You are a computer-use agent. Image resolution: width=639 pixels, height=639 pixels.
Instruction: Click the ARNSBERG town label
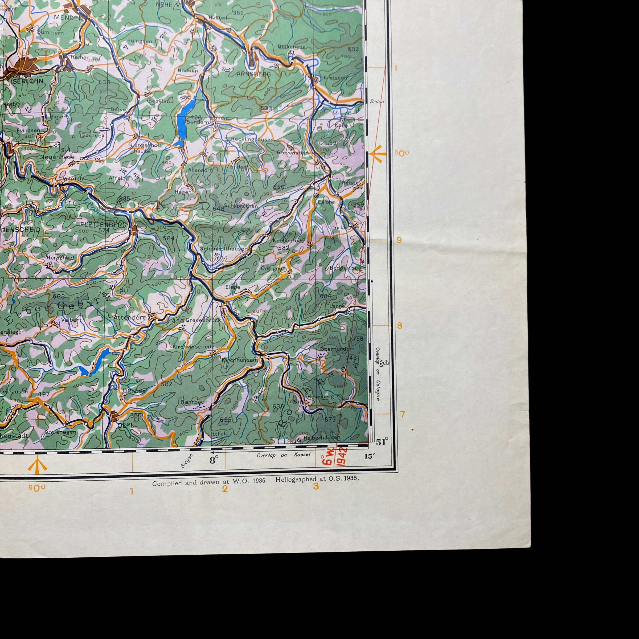(x=254, y=74)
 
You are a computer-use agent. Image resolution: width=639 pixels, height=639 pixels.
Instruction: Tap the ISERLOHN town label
(x=27, y=81)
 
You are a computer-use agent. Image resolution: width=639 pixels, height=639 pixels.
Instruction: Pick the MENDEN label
(x=68, y=18)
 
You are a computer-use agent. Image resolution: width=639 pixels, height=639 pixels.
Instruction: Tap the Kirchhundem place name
(x=240, y=360)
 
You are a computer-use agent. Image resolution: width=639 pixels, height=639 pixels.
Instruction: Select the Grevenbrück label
(x=203, y=320)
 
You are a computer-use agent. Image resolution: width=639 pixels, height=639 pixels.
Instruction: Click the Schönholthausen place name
(x=224, y=249)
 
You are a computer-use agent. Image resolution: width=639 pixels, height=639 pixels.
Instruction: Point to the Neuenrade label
(x=57, y=157)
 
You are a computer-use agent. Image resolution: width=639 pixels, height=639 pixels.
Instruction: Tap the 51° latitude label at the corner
(x=382, y=442)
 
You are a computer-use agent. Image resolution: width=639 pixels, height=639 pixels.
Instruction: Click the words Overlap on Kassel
(x=284, y=455)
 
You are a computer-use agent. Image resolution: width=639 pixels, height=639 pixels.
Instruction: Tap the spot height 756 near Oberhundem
(x=358, y=339)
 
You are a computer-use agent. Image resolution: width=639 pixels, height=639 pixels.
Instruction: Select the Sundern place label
(x=198, y=122)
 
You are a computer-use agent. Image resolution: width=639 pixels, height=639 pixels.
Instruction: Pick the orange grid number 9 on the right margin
(x=399, y=240)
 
